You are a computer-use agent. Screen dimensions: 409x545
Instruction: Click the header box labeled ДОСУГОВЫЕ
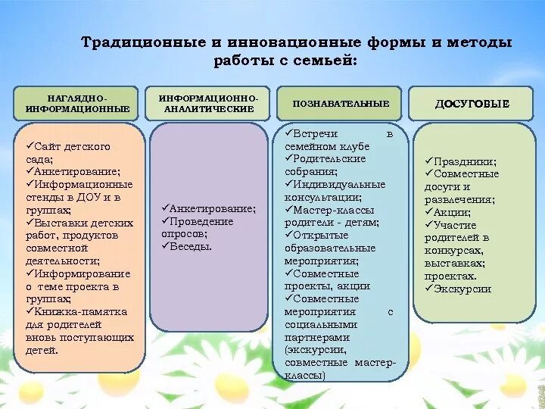(472, 104)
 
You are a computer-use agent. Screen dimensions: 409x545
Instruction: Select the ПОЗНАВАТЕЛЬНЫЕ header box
(337, 103)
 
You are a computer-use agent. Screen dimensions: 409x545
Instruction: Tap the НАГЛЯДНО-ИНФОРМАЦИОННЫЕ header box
(77, 104)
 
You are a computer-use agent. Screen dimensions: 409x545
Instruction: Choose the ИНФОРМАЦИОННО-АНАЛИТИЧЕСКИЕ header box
(208, 104)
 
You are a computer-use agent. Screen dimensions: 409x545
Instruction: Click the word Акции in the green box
(451, 212)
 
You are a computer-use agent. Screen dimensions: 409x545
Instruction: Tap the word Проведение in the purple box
(201, 221)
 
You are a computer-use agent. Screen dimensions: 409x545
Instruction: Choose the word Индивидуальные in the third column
(338, 184)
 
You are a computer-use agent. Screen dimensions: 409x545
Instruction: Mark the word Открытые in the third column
(319, 235)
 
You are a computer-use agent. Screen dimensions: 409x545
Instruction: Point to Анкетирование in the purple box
(212, 208)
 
